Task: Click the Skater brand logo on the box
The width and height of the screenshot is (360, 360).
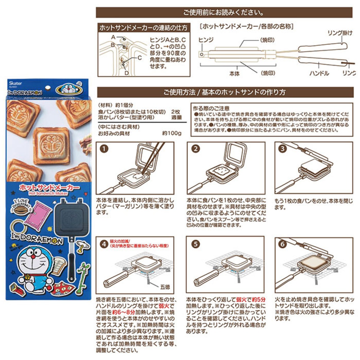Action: (x=15, y=83)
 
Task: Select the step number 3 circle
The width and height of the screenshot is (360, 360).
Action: (x=283, y=148)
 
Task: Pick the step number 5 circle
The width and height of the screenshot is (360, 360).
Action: (x=195, y=244)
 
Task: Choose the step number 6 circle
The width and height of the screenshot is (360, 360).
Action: (x=283, y=244)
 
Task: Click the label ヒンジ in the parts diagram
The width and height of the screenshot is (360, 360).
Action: (x=206, y=40)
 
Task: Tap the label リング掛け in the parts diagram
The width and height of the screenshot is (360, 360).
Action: (x=340, y=33)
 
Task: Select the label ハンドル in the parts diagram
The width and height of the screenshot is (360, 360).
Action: (x=319, y=73)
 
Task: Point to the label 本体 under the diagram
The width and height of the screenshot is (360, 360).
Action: (x=234, y=74)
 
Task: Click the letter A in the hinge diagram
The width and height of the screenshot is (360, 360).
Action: (x=113, y=37)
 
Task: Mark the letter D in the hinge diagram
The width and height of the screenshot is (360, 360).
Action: (x=127, y=73)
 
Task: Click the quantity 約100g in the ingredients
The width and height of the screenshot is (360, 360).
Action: (x=172, y=133)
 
